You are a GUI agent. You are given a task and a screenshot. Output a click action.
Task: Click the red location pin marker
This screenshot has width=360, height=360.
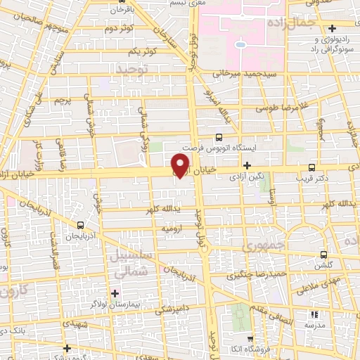tap(181, 165)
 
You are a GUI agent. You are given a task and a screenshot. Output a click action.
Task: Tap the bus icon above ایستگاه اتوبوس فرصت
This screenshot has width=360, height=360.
tap(219, 137)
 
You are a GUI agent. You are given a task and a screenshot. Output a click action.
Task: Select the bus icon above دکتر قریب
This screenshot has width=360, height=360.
tap(311, 167)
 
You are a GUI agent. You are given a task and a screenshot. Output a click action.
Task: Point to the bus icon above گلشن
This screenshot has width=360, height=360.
tap(323, 255)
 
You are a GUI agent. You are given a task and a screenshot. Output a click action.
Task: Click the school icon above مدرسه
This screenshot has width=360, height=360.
tap(314, 314)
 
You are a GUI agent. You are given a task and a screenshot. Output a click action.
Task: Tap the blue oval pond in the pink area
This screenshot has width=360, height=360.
tap(240, 44)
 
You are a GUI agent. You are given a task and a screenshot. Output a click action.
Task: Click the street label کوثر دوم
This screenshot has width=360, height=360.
tap(119, 29)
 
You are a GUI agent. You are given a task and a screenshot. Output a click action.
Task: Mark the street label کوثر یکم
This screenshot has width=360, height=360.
tap(142, 52)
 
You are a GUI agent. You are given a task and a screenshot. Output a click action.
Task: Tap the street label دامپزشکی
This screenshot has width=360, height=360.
tap(167, 307)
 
